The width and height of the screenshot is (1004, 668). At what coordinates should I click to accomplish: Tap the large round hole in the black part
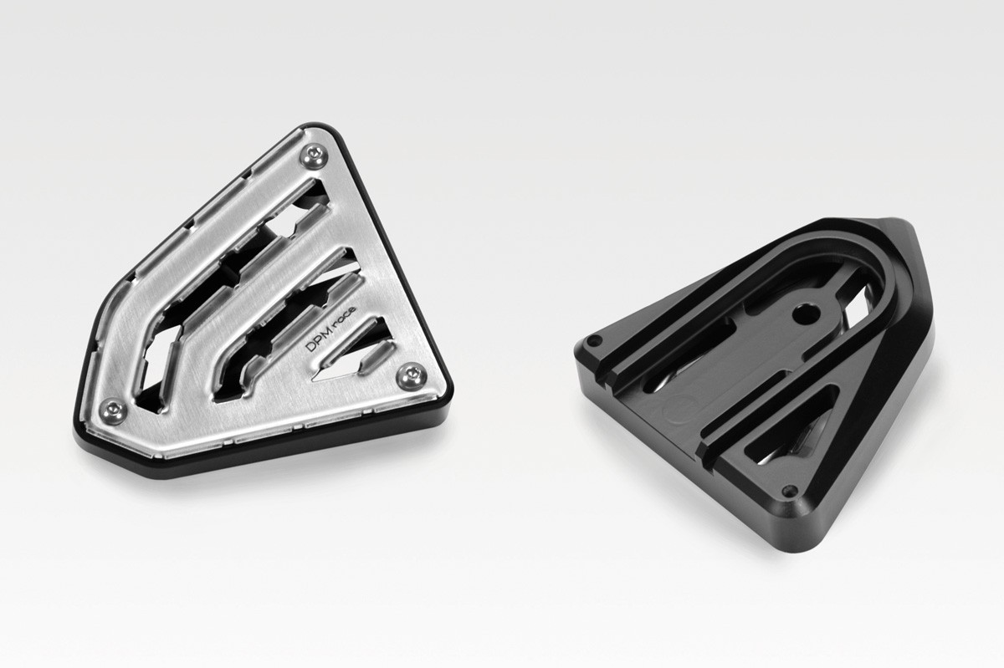(x=805, y=315)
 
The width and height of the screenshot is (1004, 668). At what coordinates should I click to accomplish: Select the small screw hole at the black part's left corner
(x=594, y=341)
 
